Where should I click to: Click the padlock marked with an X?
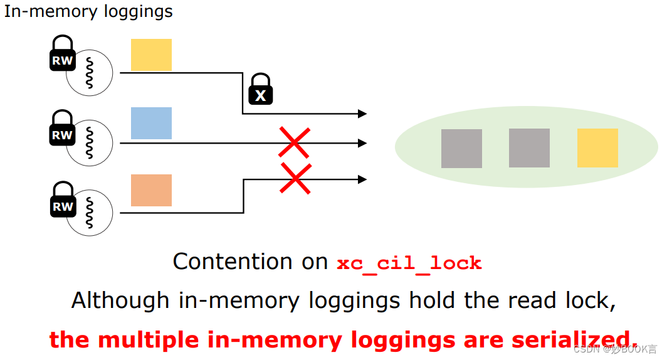pos(261,90)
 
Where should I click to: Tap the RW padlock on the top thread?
pos(62,55)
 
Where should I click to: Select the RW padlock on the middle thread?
pos(62,129)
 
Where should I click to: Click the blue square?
pos(151,123)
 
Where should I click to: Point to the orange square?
pos(151,190)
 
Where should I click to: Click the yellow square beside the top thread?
pos(151,55)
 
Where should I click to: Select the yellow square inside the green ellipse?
pos(597,148)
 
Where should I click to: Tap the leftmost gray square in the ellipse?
pos(461,149)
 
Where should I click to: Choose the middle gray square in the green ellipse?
pos(529,148)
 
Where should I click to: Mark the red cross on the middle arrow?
pos(293,142)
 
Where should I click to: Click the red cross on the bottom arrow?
pos(296,178)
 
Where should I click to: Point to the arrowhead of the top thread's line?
pos(362,114)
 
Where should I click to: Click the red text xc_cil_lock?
pos(409,263)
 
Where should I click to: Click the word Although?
pos(120,300)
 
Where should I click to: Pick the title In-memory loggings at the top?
pos(88,11)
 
